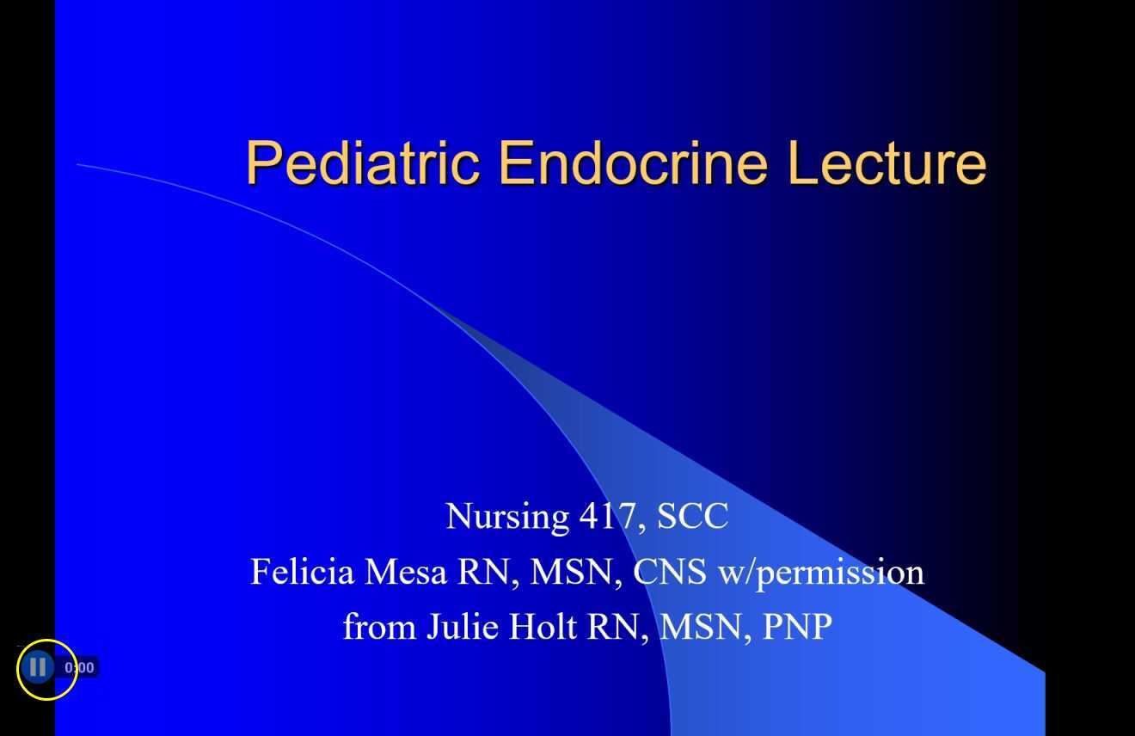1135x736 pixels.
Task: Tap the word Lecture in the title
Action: click(x=887, y=163)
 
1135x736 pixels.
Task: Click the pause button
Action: click(x=37, y=667)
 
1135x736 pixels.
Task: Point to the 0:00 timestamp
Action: click(x=80, y=667)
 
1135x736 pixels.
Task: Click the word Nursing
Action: click(x=506, y=517)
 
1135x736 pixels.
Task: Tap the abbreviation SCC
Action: click(x=692, y=517)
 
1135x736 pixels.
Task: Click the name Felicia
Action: click(x=303, y=572)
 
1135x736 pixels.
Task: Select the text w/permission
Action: click(x=821, y=573)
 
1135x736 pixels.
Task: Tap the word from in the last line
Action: click(x=379, y=627)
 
